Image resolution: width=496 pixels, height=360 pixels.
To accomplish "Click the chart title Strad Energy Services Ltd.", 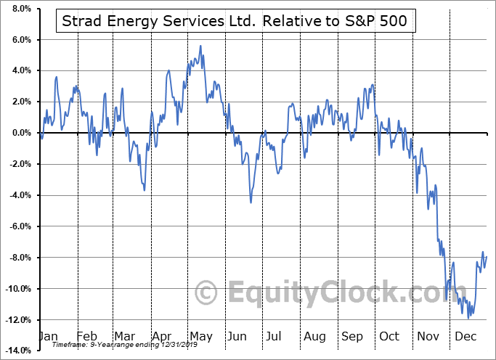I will pyautogui.click(x=155, y=22).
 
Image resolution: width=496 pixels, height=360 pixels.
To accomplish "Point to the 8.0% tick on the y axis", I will pyautogui.click(x=20, y=9).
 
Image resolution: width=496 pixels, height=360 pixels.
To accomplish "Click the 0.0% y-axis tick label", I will pyautogui.click(x=20, y=134).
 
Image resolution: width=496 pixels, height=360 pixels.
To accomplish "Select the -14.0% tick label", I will pyautogui.click(x=17, y=351).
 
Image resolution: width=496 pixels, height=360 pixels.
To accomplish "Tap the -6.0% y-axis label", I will pyautogui.click(x=18, y=226).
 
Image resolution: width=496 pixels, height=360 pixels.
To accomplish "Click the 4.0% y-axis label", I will pyautogui.click(x=20, y=71).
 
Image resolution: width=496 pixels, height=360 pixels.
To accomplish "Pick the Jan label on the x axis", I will pyautogui.click(x=47, y=337).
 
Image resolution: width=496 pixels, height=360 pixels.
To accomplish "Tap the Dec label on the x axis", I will pyautogui.click(x=465, y=337).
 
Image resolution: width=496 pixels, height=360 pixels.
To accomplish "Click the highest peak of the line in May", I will pyautogui.click(x=200, y=46).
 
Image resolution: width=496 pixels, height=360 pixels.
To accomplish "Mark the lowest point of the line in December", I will pyautogui.click(x=468, y=318).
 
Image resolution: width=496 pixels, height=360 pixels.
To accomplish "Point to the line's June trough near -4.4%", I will pyautogui.click(x=251, y=202).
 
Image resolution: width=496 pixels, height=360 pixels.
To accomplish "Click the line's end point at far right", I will pyautogui.click(x=487, y=256).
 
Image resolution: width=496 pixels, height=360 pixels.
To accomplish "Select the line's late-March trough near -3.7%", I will pyautogui.click(x=144, y=190).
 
